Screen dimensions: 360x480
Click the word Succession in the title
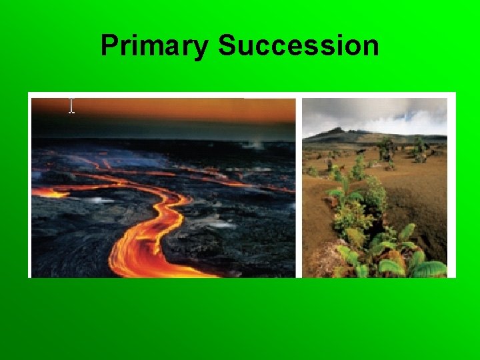298,46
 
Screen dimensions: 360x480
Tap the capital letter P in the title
109,46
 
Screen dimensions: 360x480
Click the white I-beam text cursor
71,105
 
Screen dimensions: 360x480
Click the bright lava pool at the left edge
47,192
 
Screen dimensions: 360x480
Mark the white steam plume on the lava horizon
255,144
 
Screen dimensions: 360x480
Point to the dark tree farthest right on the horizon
420,147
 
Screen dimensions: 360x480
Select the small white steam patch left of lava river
100,199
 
